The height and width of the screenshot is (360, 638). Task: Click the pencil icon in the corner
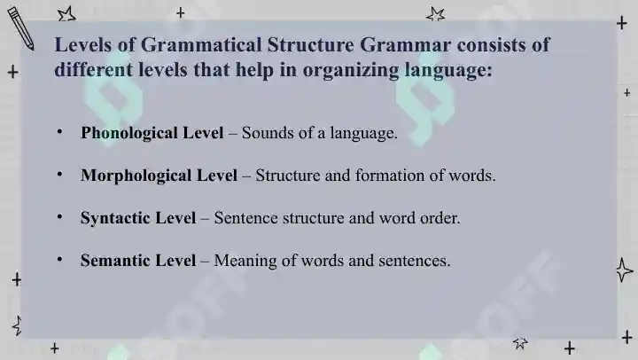coord(20,28)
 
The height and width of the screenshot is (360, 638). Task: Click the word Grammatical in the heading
coord(201,45)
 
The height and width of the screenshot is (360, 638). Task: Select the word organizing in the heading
coord(351,70)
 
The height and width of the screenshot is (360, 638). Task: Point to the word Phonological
coord(129,134)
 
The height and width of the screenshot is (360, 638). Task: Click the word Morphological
coord(136,176)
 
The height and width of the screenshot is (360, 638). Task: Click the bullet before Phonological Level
coord(60,132)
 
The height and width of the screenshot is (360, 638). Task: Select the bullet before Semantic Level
coord(60,259)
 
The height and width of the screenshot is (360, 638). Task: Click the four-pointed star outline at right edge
coord(624,270)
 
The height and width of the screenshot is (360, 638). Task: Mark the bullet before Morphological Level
coord(60,175)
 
